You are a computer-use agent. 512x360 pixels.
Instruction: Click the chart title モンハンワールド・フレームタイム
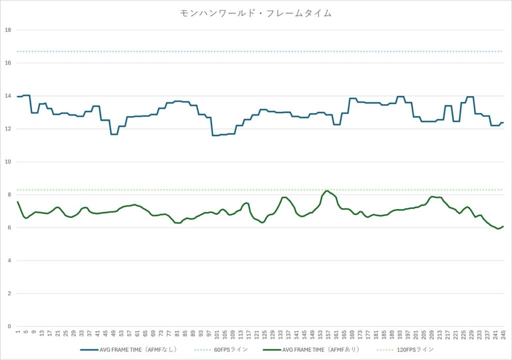pos(255,13)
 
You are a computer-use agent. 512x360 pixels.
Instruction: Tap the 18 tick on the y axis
pos(7,30)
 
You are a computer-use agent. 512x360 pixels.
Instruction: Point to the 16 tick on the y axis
pos(7,63)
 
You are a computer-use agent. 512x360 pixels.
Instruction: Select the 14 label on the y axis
pos(7,96)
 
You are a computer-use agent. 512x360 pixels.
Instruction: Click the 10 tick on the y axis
pos(7,162)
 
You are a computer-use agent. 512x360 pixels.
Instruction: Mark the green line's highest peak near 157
pos(327,191)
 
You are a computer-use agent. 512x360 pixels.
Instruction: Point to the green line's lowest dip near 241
pos(498,228)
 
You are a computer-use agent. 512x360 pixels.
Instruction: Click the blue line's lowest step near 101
pos(215,135)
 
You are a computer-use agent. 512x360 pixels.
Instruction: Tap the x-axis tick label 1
pos(17,331)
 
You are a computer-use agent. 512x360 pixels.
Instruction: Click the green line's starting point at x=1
pos(17,201)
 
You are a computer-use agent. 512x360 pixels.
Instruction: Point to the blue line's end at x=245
pos(503,122)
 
